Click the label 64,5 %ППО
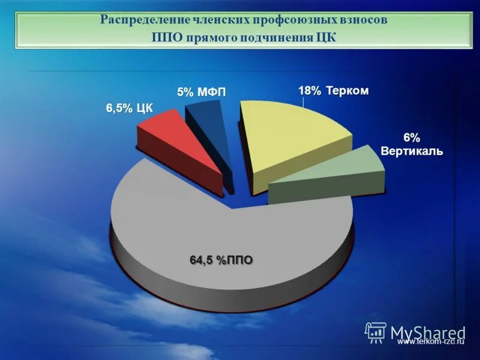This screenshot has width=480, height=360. (x=221, y=260)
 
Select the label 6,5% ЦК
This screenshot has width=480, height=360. (x=130, y=108)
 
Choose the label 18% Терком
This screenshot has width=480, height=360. (x=334, y=91)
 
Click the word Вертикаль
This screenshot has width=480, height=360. (x=412, y=151)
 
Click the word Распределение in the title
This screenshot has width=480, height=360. (x=144, y=20)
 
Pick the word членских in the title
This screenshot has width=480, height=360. (x=222, y=20)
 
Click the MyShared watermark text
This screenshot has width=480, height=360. (x=428, y=332)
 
